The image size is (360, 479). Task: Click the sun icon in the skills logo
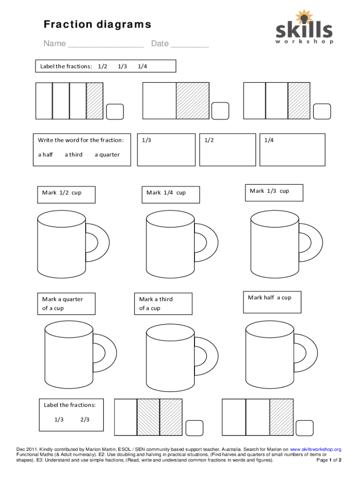pyautogui.click(x=303, y=17)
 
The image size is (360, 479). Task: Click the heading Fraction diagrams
pyautogui.click(x=97, y=24)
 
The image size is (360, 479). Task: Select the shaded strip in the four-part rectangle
pyautogui.click(x=94, y=101)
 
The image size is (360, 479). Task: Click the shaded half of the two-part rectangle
pyautogui.click(x=193, y=101)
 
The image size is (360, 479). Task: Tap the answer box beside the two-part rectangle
pyautogui.click(x=220, y=111)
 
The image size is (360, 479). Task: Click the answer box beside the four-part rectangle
pyautogui.click(x=115, y=111)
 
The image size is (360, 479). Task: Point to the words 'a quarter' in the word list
pyautogui.click(x=107, y=154)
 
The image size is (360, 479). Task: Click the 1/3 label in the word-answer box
pyautogui.click(x=146, y=140)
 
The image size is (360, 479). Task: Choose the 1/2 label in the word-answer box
pyautogui.click(x=209, y=140)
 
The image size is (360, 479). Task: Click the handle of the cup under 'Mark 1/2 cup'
pyautogui.click(x=103, y=243)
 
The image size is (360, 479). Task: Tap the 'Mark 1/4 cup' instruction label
pyautogui.click(x=171, y=195)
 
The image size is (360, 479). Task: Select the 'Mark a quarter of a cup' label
pyautogui.click(x=66, y=304)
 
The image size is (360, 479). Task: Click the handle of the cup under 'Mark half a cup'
pyautogui.click(x=311, y=353)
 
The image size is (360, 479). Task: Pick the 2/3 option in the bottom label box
pyautogui.click(x=85, y=420)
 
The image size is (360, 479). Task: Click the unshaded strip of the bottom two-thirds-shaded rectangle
pyautogui.click(x=125, y=417)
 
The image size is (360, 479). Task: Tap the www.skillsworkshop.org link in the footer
pyautogui.click(x=316, y=450)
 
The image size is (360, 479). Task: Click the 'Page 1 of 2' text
pyautogui.click(x=329, y=460)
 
